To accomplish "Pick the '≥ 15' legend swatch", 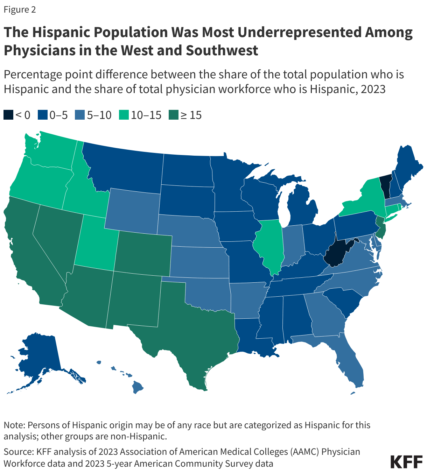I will coord(173,115).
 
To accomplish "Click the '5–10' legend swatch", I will coord(80,115).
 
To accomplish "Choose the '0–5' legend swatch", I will coord(42,115).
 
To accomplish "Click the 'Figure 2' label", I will coord(20,9).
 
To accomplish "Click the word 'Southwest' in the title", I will coord(222,50).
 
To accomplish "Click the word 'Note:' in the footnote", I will coord(14,425).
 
